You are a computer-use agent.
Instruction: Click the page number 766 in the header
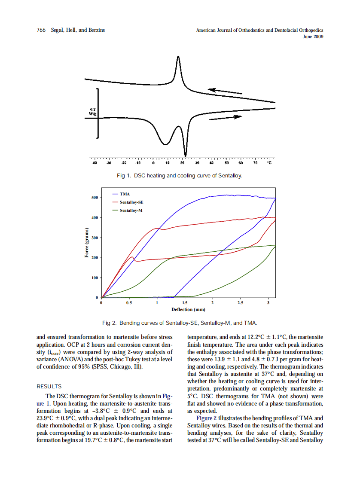(x=41, y=30)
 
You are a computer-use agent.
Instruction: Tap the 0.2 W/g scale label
(x=92, y=112)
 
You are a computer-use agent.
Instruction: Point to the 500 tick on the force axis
(x=95, y=198)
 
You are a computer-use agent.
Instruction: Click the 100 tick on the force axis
(x=95, y=278)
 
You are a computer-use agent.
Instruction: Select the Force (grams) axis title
(x=86, y=244)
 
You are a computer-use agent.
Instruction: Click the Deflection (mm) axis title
(x=188, y=309)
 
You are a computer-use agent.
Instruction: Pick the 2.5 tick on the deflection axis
(x=240, y=303)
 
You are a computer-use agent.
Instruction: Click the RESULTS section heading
(x=49, y=387)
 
